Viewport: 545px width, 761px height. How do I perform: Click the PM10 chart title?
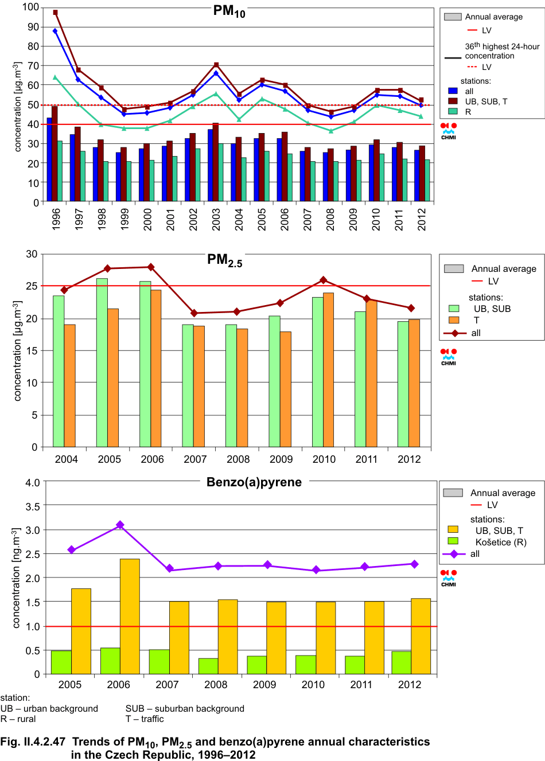click(229, 11)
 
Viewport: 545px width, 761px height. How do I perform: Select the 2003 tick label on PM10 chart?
click(216, 220)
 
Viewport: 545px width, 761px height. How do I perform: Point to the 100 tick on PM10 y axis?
click(31, 7)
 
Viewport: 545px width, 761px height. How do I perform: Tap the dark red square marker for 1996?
click(55, 12)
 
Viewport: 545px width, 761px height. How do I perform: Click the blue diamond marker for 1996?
click(55, 31)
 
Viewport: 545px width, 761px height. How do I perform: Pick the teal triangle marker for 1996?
click(55, 77)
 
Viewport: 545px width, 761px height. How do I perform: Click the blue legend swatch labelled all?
click(453, 91)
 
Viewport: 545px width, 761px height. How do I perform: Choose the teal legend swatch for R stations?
click(453, 111)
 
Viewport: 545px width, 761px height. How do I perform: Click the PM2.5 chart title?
click(224, 260)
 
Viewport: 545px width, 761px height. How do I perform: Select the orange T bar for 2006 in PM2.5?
click(156, 368)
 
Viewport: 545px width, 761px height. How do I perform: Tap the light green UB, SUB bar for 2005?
click(102, 362)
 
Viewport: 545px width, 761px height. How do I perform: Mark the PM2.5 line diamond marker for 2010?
click(324, 280)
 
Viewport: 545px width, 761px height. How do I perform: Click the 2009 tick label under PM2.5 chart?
click(281, 459)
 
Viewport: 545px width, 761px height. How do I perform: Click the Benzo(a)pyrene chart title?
click(254, 482)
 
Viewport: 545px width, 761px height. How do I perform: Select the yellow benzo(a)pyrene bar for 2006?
click(130, 616)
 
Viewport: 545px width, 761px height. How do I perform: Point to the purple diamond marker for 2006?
click(120, 525)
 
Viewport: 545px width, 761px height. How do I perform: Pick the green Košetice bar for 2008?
click(208, 666)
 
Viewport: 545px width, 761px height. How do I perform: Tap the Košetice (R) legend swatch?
click(453, 541)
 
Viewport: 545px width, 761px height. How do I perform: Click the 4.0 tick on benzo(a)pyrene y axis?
click(33, 482)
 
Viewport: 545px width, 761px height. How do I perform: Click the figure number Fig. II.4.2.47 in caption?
click(33, 742)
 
